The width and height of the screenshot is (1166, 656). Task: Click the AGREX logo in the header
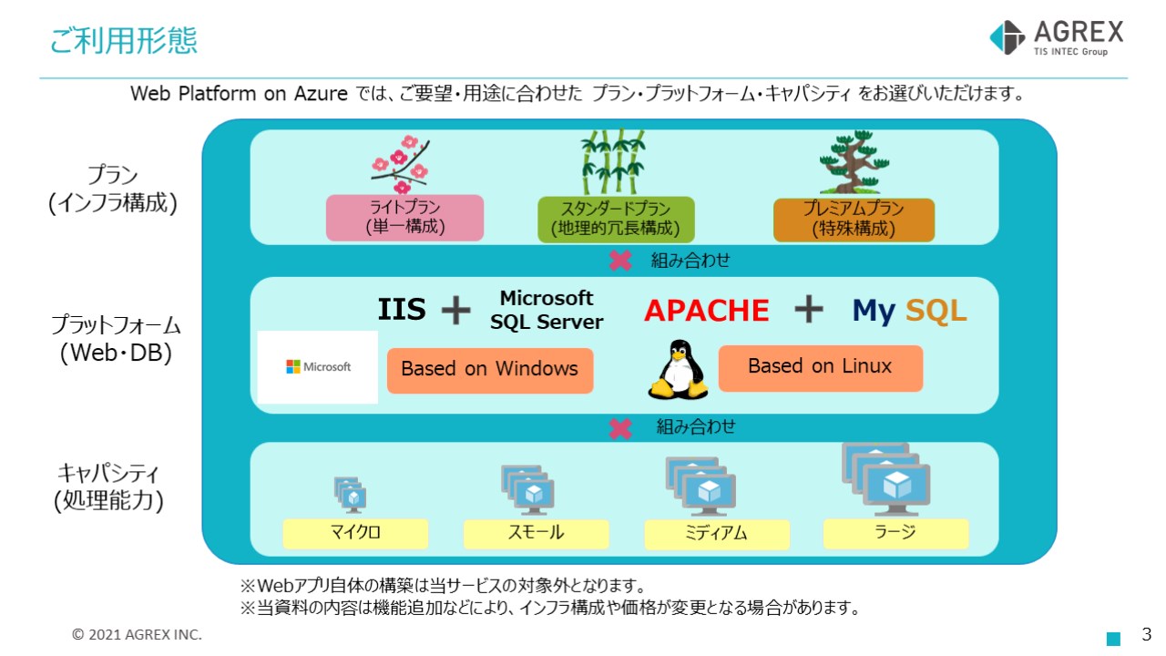click(1056, 38)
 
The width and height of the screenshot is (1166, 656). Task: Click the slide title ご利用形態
click(123, 41)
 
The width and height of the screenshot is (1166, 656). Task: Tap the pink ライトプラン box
click(404, 218)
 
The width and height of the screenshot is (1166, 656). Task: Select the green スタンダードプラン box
click(615, 219)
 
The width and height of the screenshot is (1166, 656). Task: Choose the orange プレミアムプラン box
click(854, 220)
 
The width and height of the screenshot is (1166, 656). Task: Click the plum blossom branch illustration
click(400, 164)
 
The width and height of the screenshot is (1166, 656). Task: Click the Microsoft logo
click(318, 366)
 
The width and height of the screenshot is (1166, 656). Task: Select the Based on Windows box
click(489, 369)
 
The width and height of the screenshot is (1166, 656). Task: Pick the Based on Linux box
click(820, 367)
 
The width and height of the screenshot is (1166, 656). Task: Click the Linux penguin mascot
click(677, 369)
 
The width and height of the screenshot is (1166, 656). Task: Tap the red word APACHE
click(706, 311)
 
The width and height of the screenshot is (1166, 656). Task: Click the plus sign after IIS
click(455, 311)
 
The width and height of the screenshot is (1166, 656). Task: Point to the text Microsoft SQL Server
click(547, 310)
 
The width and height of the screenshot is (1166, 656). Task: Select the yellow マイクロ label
click(355, 533)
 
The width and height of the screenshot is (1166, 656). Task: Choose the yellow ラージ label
click(895, 533)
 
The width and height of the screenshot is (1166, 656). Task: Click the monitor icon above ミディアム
click(701, 485)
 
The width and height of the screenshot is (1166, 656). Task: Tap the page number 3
click(1147, 634)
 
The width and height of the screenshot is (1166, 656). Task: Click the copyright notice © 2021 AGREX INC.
click(138, 634)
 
